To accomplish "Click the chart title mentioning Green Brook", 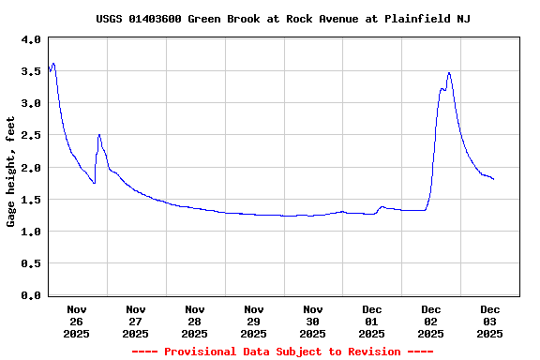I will [x=283, y=19].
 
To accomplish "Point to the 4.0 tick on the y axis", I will [x=30, y=39].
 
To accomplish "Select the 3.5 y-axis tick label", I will [x=30, y=71].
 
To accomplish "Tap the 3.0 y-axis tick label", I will [x=30, y=103].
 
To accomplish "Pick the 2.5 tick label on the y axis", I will [x=30, y=136].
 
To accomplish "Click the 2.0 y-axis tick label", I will [x=30, y=168].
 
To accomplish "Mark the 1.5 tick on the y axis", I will [x=30, y=200].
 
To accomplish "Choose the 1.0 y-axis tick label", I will [x=30, y=232].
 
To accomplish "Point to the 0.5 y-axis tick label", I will [x=30, y=263].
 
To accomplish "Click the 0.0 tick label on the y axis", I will [x=30, y=295].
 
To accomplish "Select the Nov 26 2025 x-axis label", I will [x=77, y=321].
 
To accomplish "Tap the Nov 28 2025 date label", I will [x=195, y=321].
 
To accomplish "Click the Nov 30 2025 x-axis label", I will [x=313, y=321].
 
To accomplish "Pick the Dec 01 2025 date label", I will [x=372, y=321].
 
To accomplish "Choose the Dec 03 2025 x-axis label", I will [x=490, y=321].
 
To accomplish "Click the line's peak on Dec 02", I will [x=449, y=72].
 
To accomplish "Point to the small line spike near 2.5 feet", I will [x=99, y=135].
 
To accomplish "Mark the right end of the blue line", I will [x=493, y=179].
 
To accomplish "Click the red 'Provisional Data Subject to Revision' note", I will [x=282, y=352].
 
